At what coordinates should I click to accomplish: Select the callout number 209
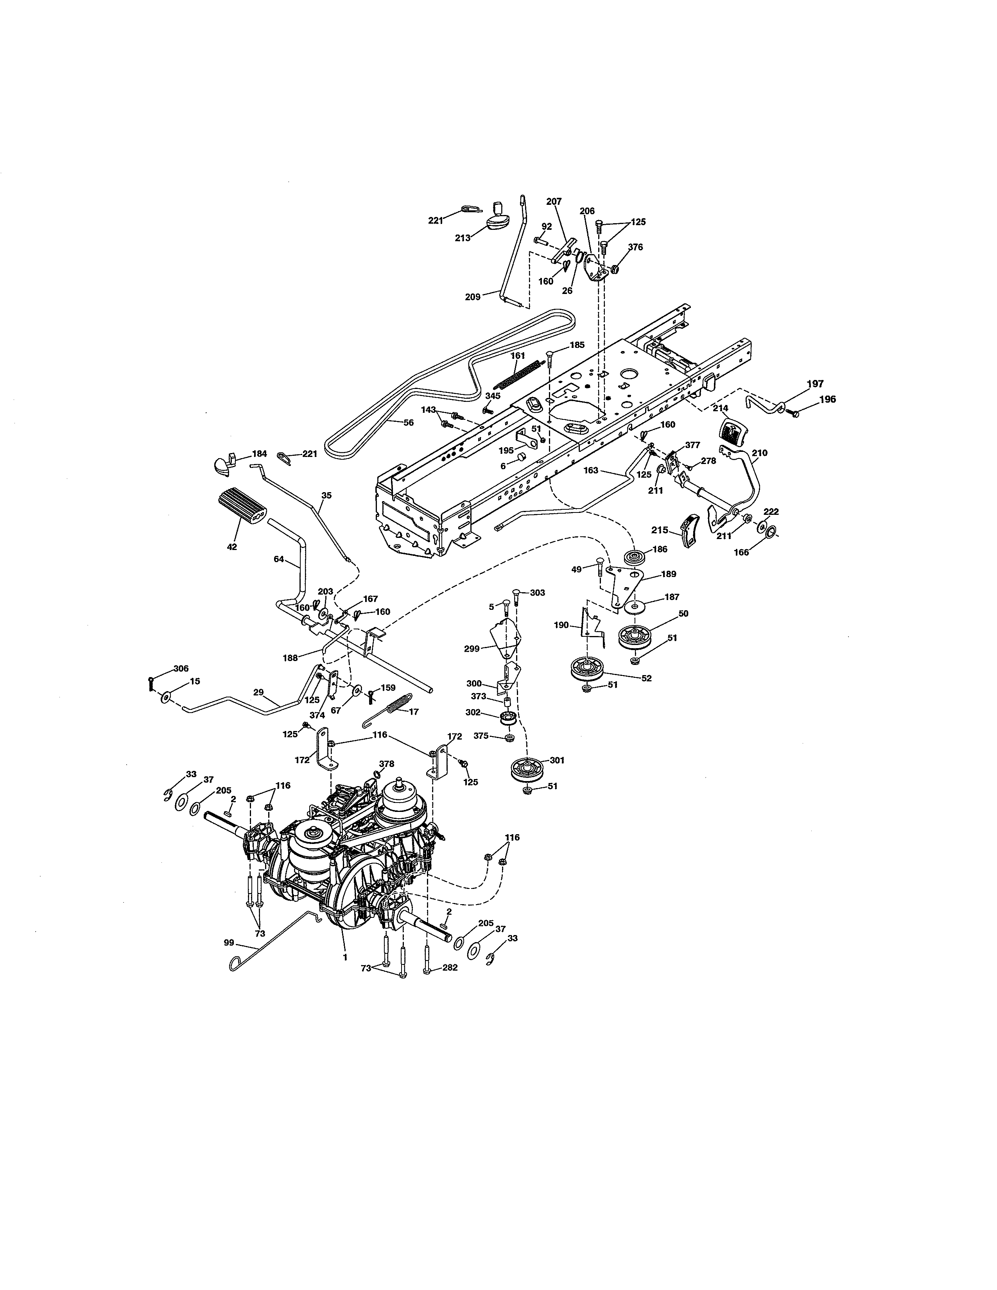pyautogui.click(x=473, y=297)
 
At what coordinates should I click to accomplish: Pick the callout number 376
pyautogui.click(x=635, y=247)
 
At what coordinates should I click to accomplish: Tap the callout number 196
pyautogui.click(x=827, y=399)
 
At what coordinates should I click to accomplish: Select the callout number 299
pyautogui.click(x=472, y=648)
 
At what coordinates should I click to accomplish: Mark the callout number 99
pyautogui.click(x=229, y=943)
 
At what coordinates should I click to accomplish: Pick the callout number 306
pyautogui.click(x=181, y=668)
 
